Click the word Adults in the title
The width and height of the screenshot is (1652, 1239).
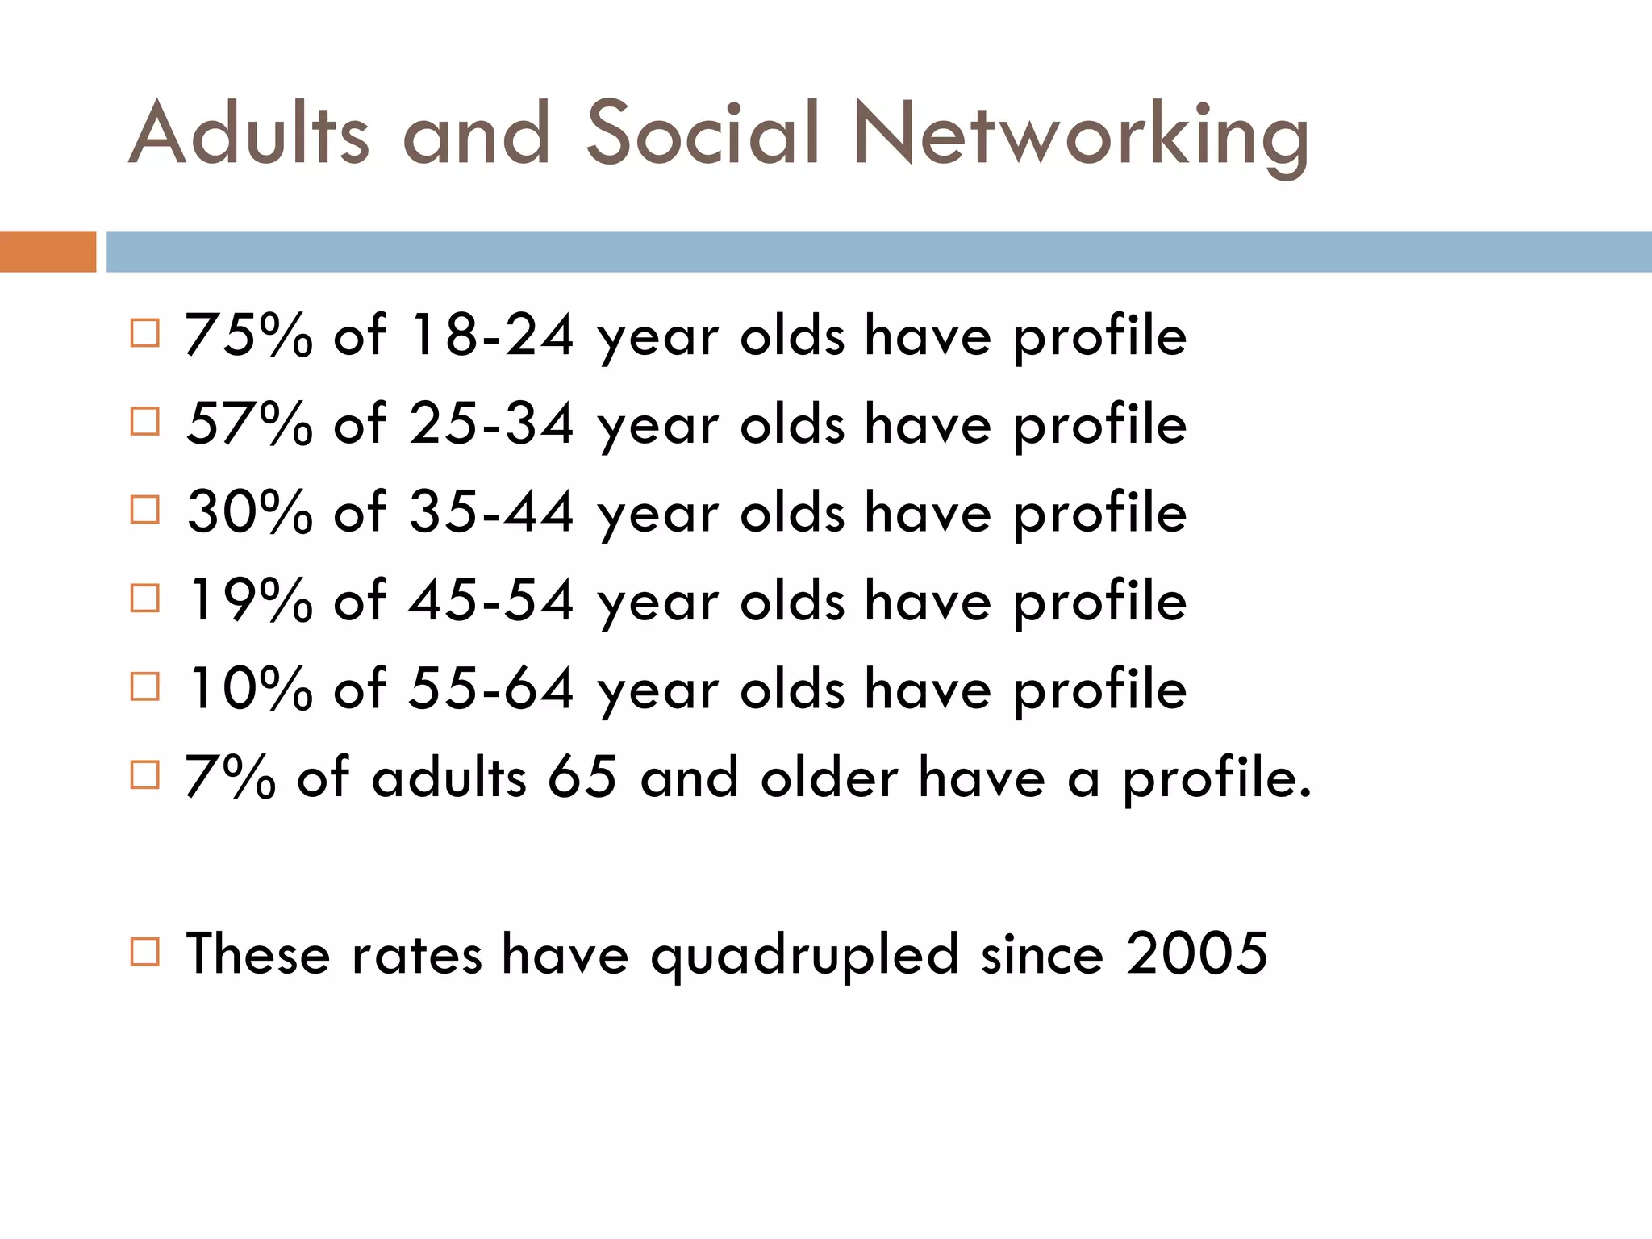[x=248, y=133]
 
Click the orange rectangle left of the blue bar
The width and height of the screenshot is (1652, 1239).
[x=48, y=252]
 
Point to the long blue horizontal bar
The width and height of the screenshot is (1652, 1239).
[x=878, y=252]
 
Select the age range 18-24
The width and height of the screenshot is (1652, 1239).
[x=491, y=335]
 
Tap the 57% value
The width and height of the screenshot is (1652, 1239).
[x=248, y=423]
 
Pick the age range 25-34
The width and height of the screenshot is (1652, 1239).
[x=491, y=423]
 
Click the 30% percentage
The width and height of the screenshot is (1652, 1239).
[x=248, y=512]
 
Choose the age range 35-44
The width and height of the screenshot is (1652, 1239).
[x=491, y=512]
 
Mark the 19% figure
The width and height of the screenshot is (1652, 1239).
[x=248, y=601]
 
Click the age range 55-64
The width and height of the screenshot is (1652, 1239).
[x=491, y=690]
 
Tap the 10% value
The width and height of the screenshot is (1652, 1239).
[x=248, y=690]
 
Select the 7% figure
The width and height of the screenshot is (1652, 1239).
[x=230, y=778]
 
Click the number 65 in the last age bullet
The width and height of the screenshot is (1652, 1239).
[x=582, y=778]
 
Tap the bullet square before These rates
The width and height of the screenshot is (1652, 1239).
[x=145, y=952]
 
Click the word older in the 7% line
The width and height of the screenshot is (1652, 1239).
[x=829, y=778]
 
